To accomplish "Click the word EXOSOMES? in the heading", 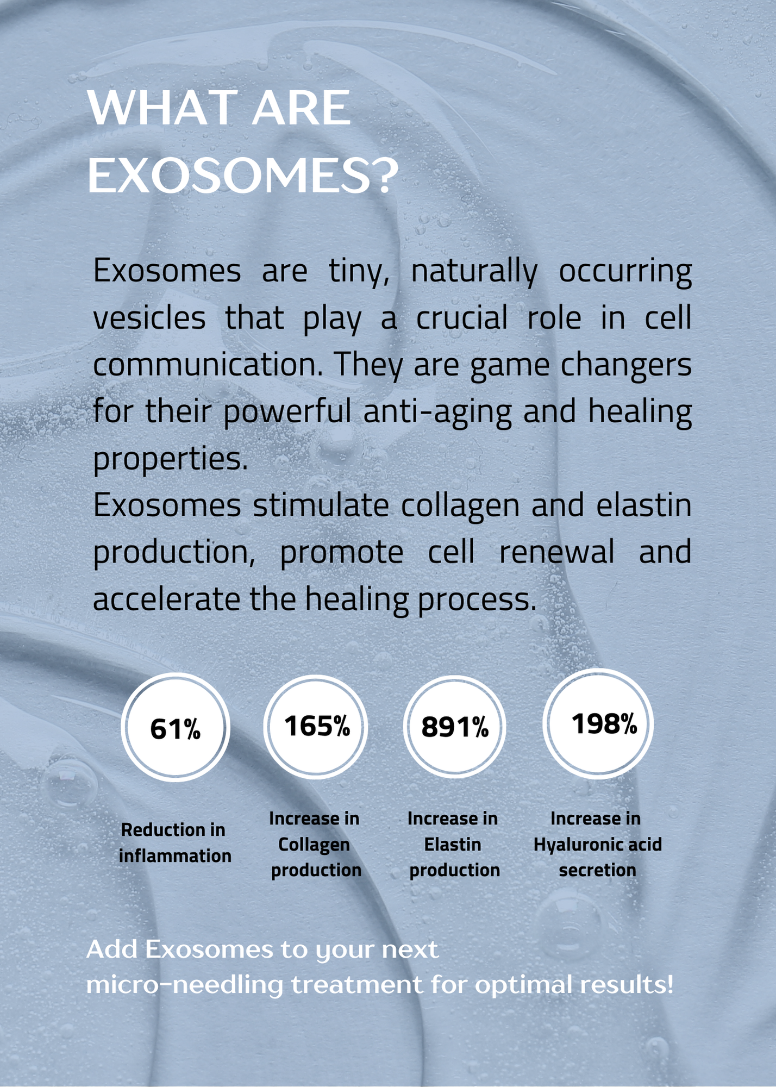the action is pos(243,176).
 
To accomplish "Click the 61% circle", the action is pos(176,727).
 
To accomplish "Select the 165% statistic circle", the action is pos(316,727).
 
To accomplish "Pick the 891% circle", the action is pos(455,727).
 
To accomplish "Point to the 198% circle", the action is pos(598,723).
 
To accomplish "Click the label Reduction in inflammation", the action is pos(174,843).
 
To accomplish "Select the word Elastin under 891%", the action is pos(453,845).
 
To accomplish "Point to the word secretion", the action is pos(597,870).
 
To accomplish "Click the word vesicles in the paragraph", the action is pos(149,318).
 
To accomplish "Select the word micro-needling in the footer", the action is pos(185,985).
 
